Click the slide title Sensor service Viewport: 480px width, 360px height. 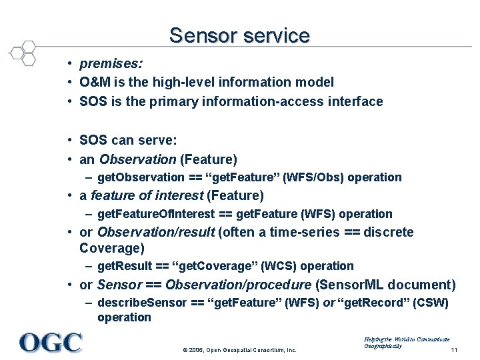point(239,35)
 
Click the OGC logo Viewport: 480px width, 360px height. point(51,342)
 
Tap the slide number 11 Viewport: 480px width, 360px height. point(453,350)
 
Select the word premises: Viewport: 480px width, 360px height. point(111,64)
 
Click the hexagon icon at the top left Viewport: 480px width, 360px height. point(24,53)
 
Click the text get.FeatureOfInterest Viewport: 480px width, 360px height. point(156,214)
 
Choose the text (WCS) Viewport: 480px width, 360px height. point(273,266)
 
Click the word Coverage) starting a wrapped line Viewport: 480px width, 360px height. point(111,249)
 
